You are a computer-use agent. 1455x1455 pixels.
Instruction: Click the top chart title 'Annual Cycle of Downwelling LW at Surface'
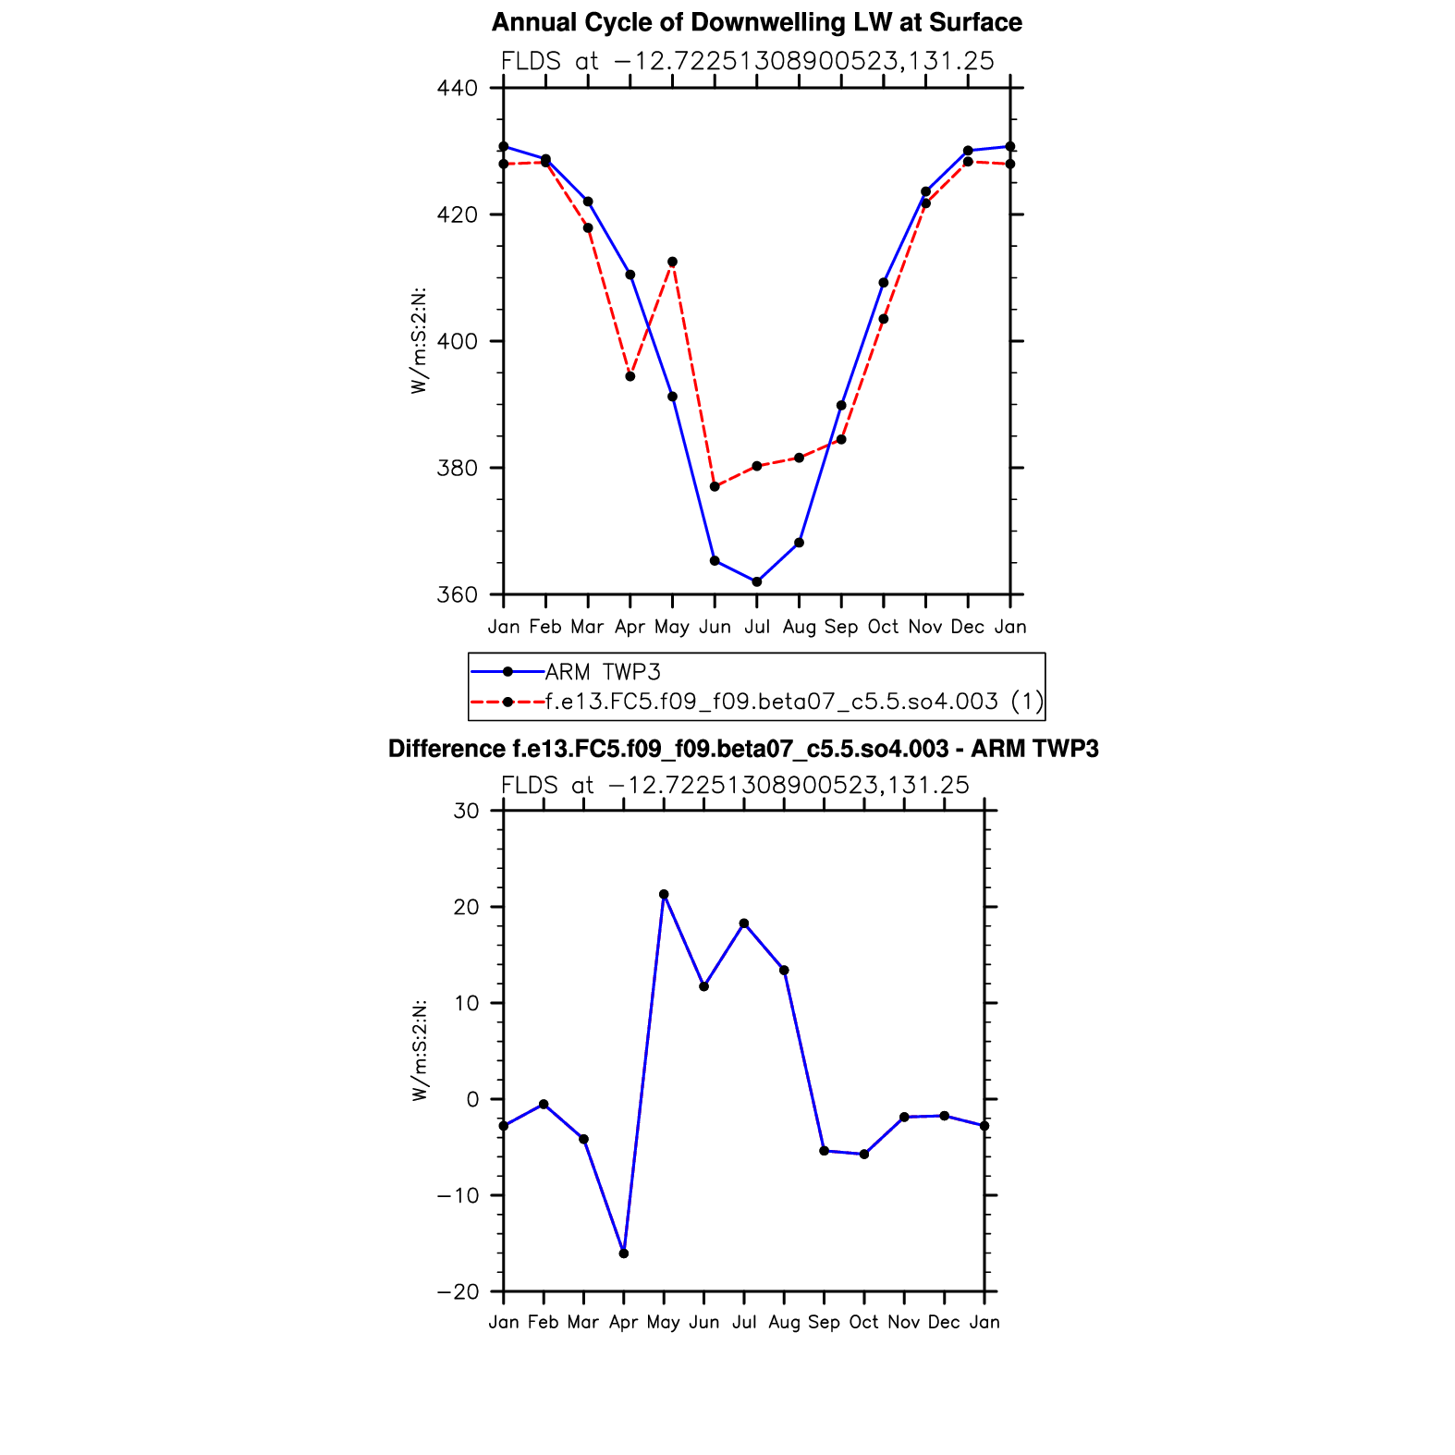(756, 22)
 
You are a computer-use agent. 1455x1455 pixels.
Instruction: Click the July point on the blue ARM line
(757, 581)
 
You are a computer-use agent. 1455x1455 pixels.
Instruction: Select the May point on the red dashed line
(672, 262)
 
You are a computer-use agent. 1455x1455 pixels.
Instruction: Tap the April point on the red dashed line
(630, 376)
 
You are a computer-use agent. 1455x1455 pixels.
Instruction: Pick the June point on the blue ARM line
(715, 560)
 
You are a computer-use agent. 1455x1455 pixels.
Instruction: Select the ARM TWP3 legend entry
(603, 672)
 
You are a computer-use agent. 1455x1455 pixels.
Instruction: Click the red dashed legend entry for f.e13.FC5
(793, 702)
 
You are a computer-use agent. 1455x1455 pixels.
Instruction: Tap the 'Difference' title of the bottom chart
(743, 749)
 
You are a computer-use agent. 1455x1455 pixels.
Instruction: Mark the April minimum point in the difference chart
(624, 1253)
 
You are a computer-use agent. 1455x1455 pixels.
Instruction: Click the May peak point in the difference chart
(664, 894)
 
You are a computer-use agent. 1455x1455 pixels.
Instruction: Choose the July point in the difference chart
(744, 923)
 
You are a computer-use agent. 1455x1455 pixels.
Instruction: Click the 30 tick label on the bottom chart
(467, 811)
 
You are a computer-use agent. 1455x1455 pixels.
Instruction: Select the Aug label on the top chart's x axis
(799, 628)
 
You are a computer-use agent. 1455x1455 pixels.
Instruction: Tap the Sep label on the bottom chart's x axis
(824, 1323)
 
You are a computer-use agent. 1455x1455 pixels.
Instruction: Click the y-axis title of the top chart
(419, 341)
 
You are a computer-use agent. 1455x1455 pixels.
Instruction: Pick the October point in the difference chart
(864, 1155)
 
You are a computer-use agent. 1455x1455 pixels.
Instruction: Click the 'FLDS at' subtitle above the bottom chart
(735, 786)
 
